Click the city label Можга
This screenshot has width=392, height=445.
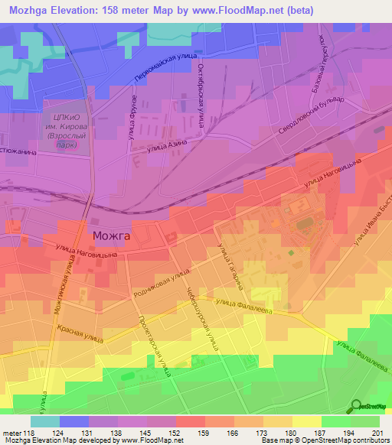point(111,236)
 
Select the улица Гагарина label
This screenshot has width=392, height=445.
point(230,264)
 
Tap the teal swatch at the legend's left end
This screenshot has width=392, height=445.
point(44,421)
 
